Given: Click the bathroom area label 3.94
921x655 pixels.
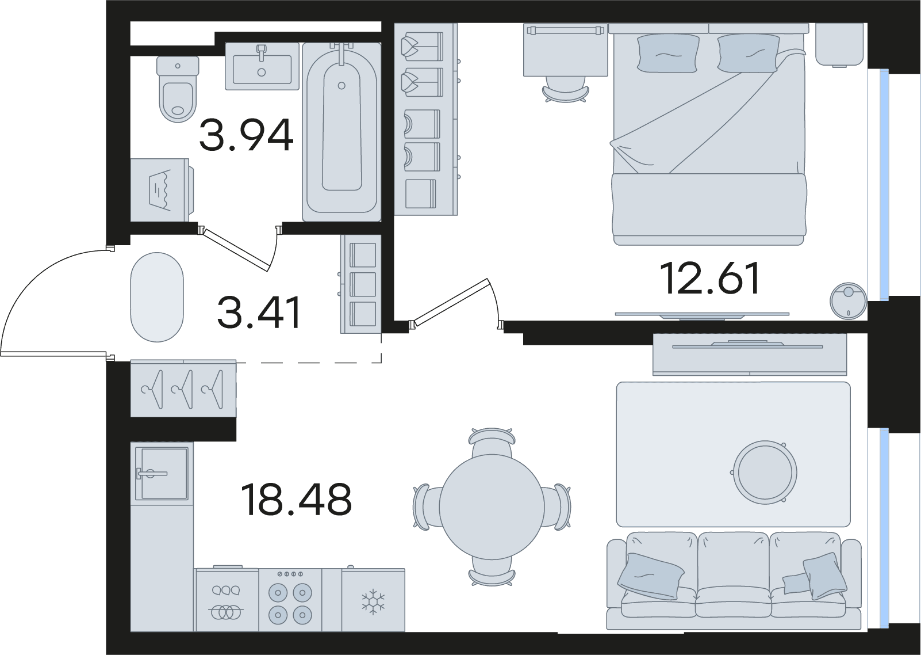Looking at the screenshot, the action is click(246, 135).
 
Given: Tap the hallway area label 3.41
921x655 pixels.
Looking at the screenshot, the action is click(259, 313).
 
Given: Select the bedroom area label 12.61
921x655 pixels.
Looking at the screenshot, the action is click(710, 279).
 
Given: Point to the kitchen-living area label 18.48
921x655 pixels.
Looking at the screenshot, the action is click(296, 500).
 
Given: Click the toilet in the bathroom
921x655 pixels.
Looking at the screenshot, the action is click(178, 89).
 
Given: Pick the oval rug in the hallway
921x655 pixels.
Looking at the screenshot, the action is click(157, 297).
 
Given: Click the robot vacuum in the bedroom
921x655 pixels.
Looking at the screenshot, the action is click(848, 301).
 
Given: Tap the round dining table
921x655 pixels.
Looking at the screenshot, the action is click(492, 507).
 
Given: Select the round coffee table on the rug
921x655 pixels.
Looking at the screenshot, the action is click(765, 472).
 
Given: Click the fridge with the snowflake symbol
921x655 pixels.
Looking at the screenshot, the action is click(373, 600).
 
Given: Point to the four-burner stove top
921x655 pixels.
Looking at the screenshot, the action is click(290, 600).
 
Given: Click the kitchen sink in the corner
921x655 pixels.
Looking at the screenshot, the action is click(162, 474).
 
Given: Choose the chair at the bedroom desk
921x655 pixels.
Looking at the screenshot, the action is click(566, 92).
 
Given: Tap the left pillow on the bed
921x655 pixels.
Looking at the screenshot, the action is click(668, 54).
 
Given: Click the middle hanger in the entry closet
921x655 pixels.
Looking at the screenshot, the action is click(183, 389).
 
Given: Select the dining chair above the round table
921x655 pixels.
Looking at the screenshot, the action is click(492, 441).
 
